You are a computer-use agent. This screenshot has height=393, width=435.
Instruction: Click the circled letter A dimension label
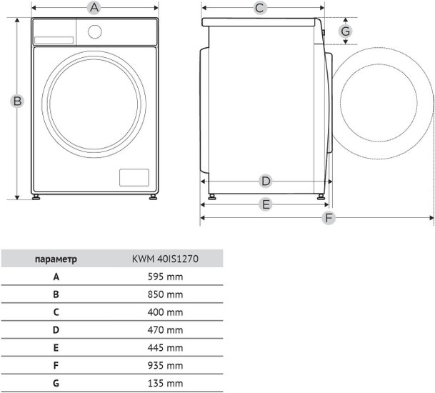point(94,8)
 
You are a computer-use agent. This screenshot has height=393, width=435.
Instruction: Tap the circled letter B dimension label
point(17,101)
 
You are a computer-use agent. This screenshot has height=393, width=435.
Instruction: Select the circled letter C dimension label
point(260,8)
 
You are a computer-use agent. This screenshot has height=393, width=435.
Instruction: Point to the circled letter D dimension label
point(266,181)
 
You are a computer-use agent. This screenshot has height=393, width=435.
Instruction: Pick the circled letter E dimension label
point(266,205)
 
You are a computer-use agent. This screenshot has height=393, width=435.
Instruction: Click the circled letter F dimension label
point(329,218)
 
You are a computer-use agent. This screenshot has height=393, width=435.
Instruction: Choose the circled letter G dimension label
point(346,31)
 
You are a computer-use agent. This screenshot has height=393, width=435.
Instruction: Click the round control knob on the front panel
point(94,32)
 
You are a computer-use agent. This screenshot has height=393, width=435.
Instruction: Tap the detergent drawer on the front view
point(54,40)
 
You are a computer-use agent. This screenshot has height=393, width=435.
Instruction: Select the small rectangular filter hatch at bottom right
point(134,178)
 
